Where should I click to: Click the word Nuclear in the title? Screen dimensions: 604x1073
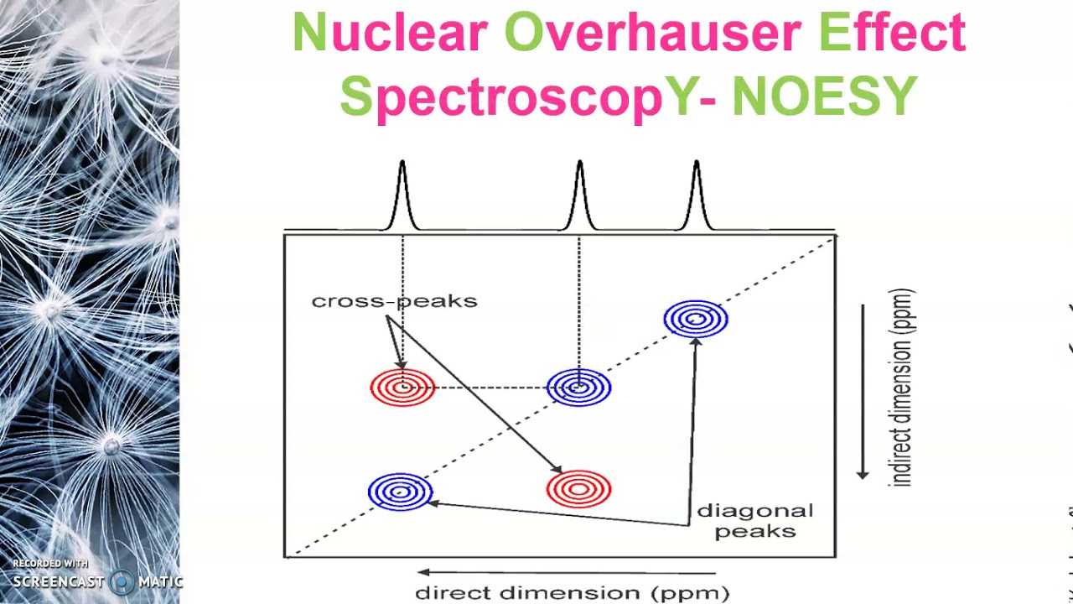click(x=389, y=34)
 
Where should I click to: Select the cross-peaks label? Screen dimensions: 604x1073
click(x=394, y=301)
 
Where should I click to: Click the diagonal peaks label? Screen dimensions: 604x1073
click(x=754, y=521)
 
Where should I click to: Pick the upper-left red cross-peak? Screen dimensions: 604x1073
click(x=402, y=388)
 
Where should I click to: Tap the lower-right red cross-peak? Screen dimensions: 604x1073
click(x=578, y=489)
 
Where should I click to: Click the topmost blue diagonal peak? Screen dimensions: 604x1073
click(x=696, y=320)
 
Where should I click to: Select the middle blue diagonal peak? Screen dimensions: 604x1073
click(x=578, y=388)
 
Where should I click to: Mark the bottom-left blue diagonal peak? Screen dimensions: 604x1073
click(x=401, y=492)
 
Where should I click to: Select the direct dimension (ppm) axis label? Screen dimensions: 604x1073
click(x=573, y=593)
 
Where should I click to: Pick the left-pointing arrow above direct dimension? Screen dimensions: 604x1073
click(x=566, y=573)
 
